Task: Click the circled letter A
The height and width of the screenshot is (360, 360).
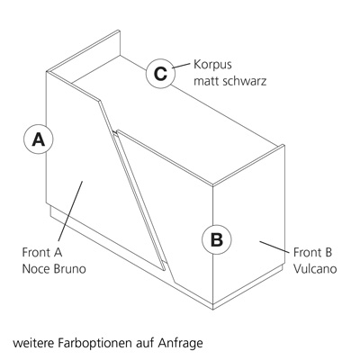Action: point(39,139)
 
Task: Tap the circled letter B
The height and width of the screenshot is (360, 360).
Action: point(217,239)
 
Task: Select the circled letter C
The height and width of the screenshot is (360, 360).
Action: point(160,74)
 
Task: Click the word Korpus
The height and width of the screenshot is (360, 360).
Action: point(212,65)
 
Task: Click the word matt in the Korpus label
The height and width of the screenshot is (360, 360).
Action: point(205,81)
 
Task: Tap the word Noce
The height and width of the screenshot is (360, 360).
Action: point(36,268)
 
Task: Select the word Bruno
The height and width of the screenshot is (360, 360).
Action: point(69,268)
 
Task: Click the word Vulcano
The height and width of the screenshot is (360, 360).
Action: point(315,268)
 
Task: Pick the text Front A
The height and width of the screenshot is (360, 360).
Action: point(42,252)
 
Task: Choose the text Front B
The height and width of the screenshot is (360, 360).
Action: point(313,252)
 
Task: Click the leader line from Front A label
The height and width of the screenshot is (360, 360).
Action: point(70,211)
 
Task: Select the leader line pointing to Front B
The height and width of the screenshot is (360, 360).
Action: point(274,247)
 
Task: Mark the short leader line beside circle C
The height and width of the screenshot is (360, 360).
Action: point(181,66)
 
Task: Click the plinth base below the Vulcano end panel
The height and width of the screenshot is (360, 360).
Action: point(247,289)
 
